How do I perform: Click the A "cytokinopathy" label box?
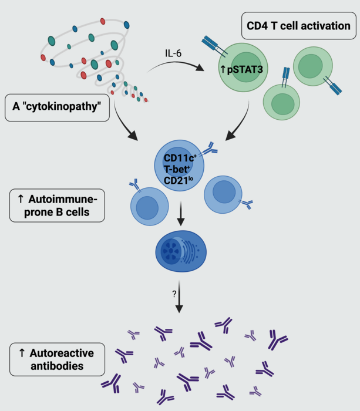57,107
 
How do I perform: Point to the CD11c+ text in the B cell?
179,158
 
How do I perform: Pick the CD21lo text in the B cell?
179,179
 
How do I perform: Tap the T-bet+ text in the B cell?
179,169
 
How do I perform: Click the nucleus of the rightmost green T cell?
315,65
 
